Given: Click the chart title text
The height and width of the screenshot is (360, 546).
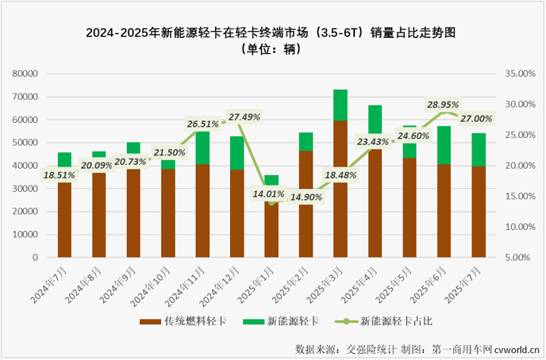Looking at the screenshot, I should [x=274, y=33].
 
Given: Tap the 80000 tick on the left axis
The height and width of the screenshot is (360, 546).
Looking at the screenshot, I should [x=26, y=74].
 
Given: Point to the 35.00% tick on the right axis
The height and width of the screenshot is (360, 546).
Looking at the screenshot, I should [x=520, y=74].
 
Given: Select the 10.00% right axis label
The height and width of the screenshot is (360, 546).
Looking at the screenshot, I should [x=520, y=228].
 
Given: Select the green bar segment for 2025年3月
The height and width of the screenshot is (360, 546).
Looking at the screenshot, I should [x=340, y=105].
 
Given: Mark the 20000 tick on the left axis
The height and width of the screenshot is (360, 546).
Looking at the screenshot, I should [x=26, y=213].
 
